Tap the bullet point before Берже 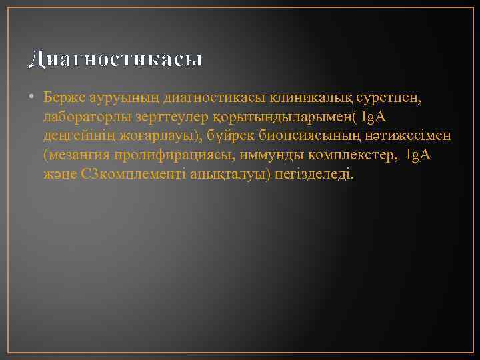pyautogui.click(x=32, y=98)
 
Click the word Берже pyautogui.click(x=65, y=98)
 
